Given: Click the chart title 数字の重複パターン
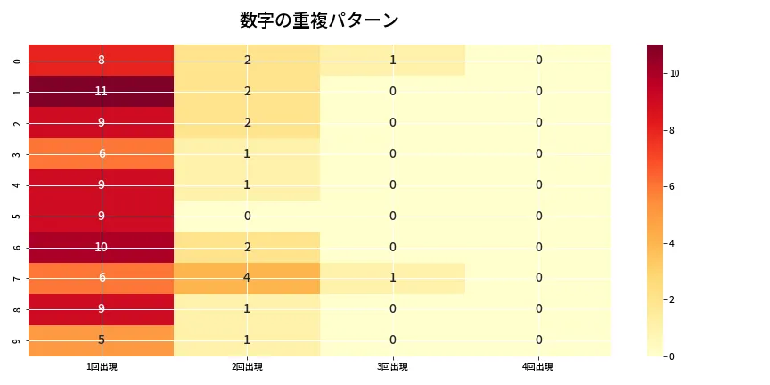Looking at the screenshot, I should point(319,20).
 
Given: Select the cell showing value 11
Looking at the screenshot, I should point(102,91).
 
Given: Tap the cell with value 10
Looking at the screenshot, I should point(102,247).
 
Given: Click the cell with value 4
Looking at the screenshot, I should point(247,278).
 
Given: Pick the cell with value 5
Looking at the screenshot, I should point(102,340).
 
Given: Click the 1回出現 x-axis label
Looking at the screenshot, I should point(102,366).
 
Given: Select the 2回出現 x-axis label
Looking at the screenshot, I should point(247,366).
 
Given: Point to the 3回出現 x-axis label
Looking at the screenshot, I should point(392,366).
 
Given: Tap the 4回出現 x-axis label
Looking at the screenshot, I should point(538,366).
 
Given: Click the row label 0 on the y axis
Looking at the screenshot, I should point(18,61).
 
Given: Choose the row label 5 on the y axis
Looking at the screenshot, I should point(18,216).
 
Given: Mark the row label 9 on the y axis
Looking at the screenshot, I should point(18,340).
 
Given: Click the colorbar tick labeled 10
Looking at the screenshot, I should point(675,73).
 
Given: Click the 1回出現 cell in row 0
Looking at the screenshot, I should point(102,61).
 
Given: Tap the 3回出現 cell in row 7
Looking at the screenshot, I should point(392,278).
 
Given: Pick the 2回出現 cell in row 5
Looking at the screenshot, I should point(247,216).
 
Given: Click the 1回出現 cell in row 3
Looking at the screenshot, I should point(102,153).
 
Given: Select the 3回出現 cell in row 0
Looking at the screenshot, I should point(392,61).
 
